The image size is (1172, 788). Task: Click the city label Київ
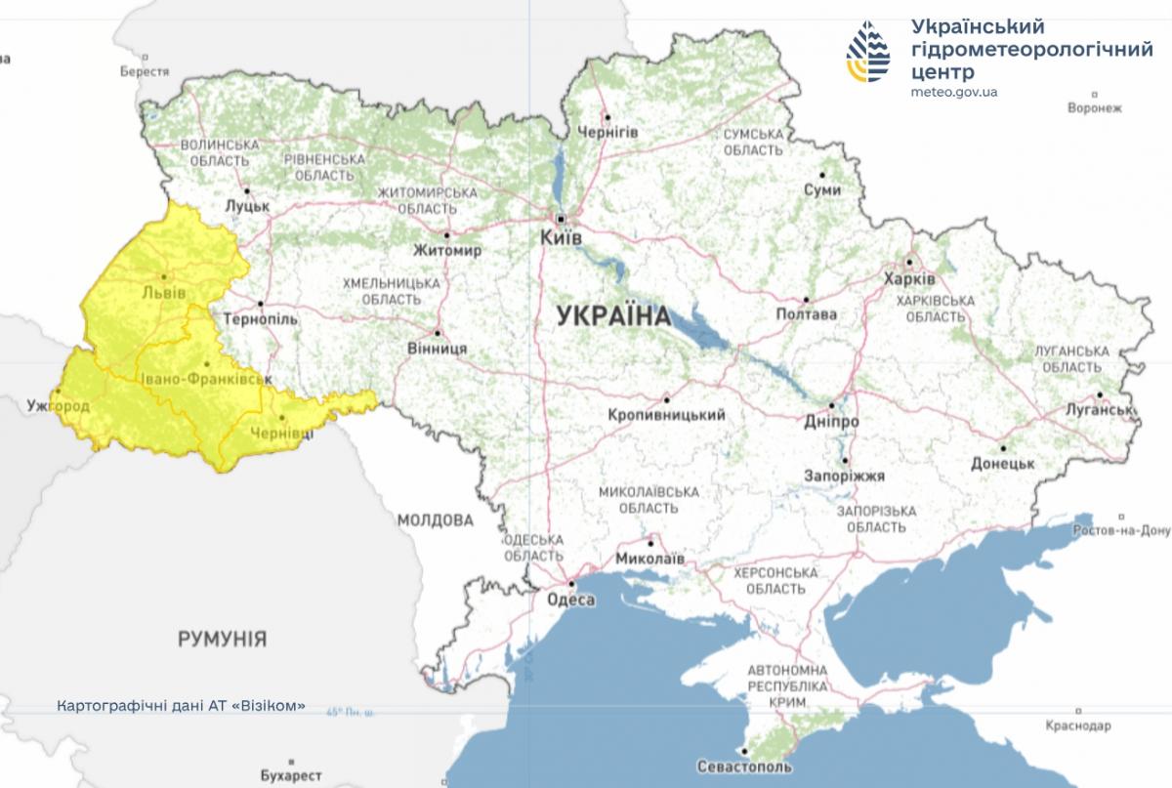click(562, 237)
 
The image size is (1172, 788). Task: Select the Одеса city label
click(571, 601)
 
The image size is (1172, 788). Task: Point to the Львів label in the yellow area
click(163, 293)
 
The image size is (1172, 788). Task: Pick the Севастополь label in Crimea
click(744, 767)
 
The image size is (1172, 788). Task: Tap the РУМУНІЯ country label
click(222, 640)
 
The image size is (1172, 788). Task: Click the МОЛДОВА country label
click(435, 520)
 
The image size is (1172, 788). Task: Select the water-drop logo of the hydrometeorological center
click(867, 55)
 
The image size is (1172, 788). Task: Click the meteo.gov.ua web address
click(953, 93)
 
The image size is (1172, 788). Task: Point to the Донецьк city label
click(1002, 464)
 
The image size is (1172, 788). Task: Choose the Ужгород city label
click(59, 405)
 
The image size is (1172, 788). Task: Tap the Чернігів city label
click(607, 132)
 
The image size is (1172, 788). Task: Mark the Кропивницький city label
click(666, 415)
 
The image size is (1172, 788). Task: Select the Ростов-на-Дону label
click(1120, 531)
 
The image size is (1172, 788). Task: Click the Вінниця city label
click(437, 348)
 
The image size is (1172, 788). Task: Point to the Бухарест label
click(292, 775)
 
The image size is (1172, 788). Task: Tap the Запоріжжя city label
click(845, 477)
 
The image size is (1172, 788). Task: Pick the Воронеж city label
click(1095, 107)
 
